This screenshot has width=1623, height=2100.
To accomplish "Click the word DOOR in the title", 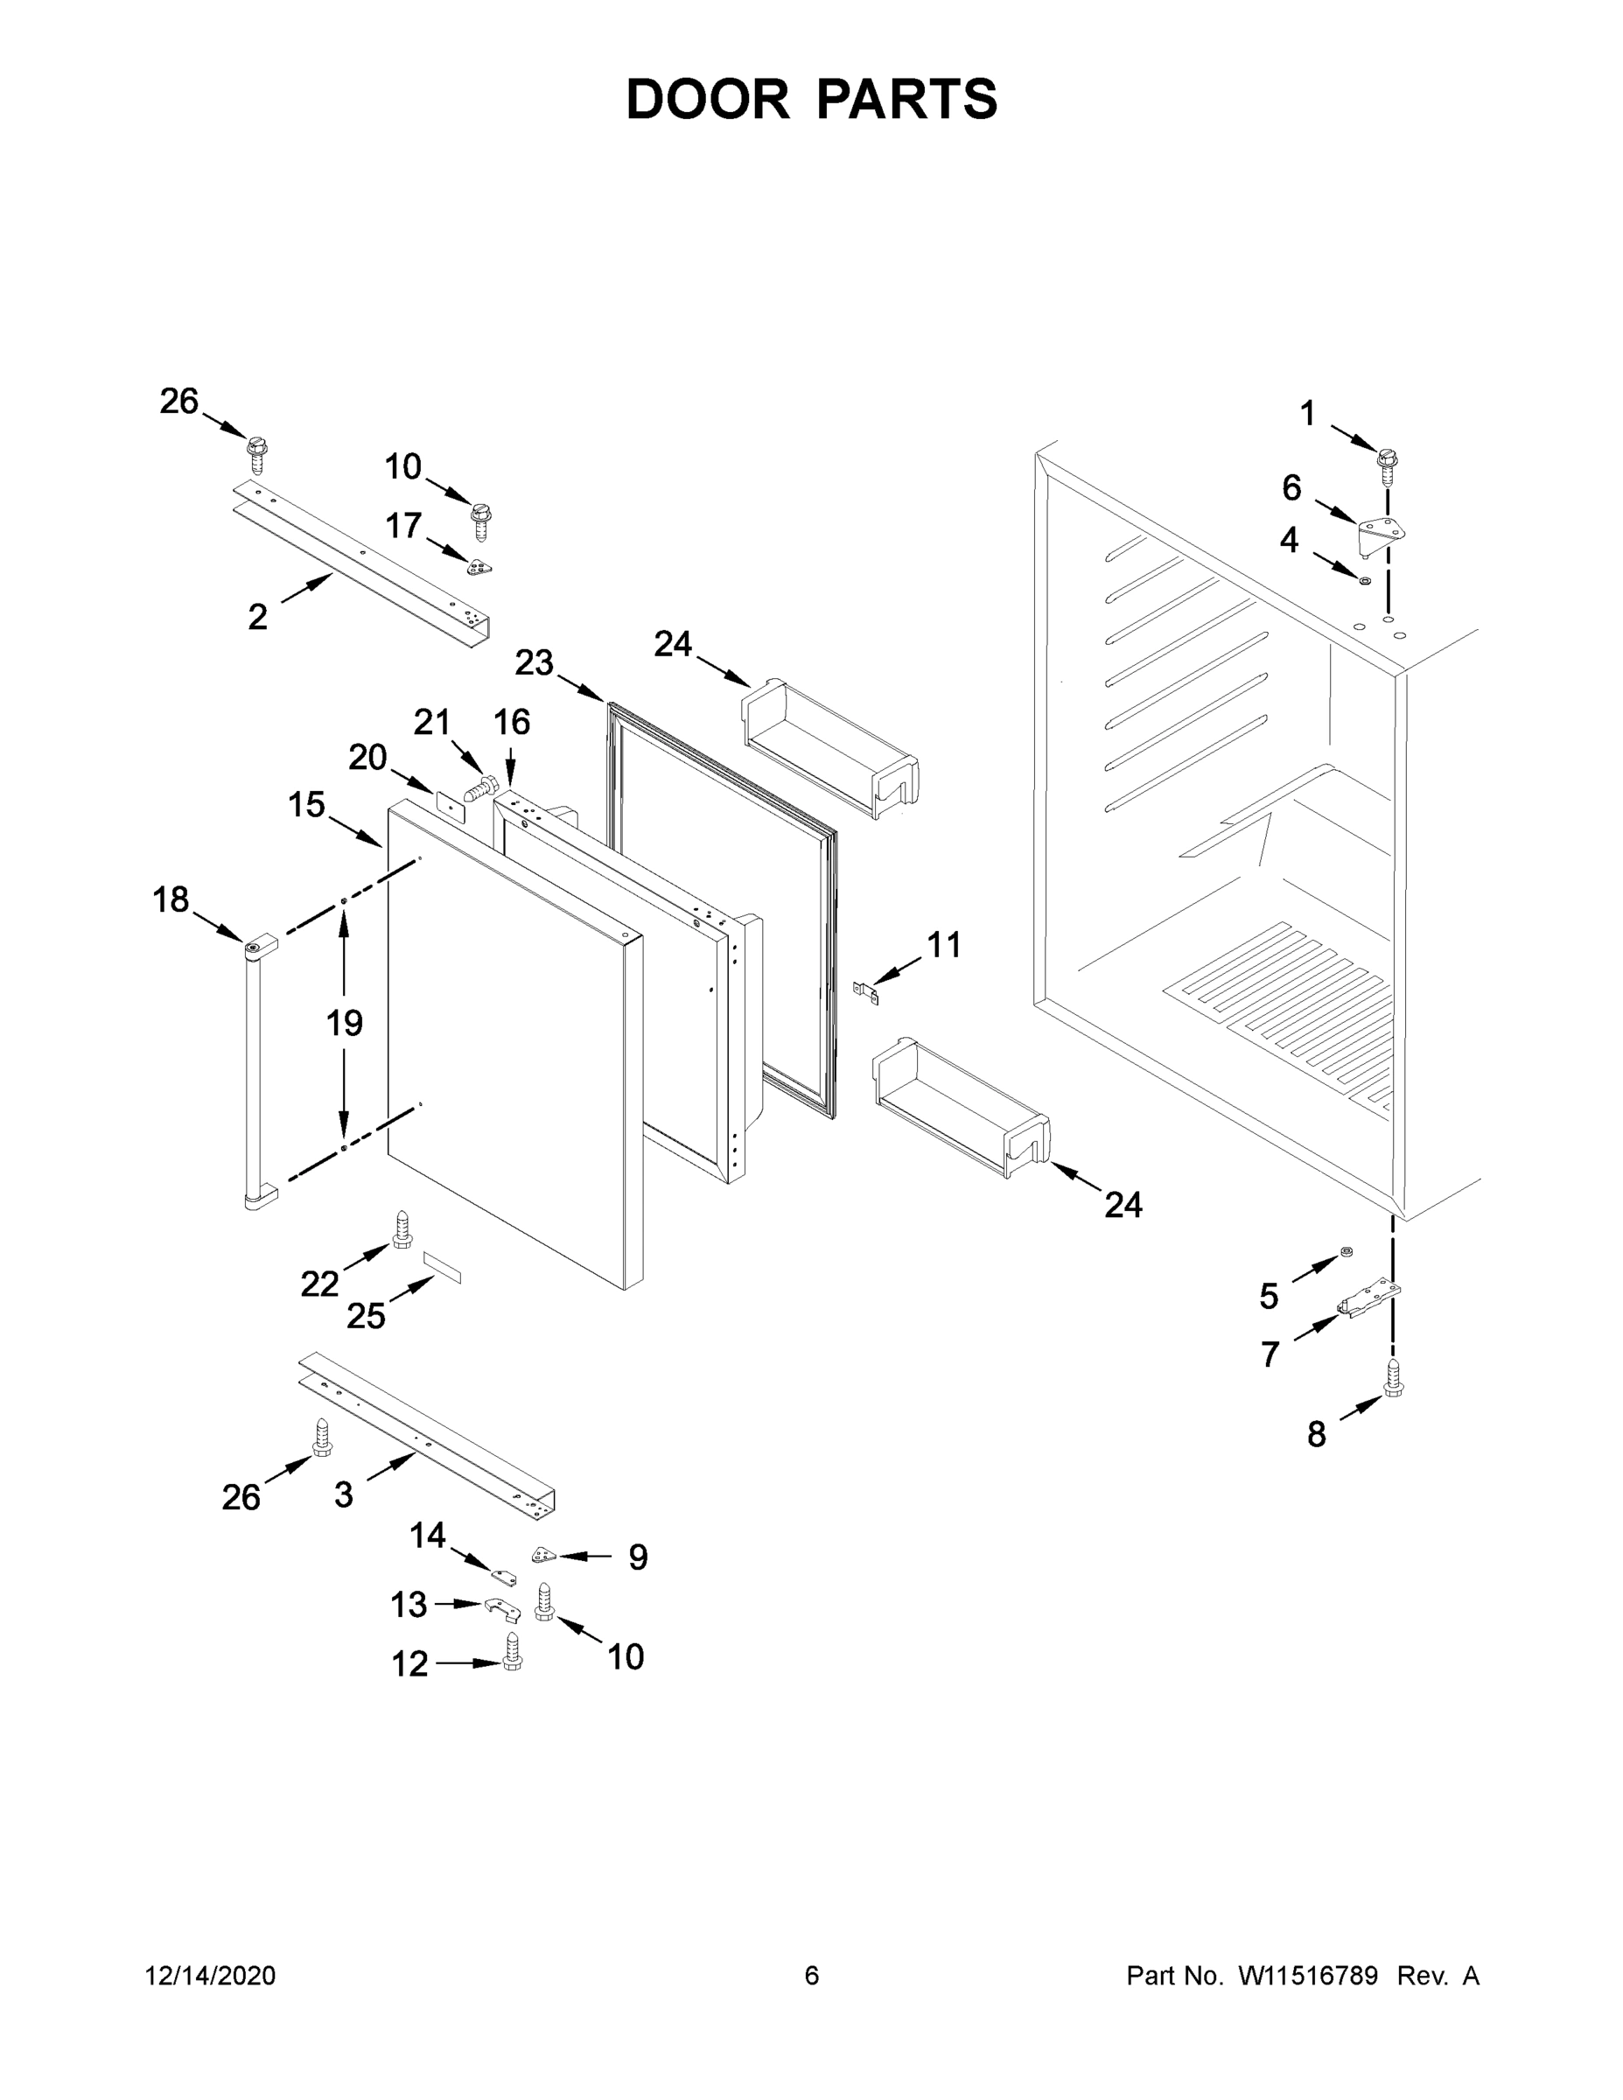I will [707, 99].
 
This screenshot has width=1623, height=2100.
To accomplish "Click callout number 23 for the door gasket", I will [534, 662].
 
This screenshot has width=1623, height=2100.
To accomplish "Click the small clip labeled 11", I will [867, 990].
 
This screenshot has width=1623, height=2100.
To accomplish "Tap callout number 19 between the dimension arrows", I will [344, 1022].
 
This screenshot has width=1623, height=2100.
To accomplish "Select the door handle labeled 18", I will [253, 1067].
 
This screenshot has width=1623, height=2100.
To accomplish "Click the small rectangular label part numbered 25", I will [443, 1267].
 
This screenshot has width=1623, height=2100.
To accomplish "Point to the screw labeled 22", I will [401, 1229].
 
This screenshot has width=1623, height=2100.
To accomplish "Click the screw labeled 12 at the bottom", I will [513, 1650].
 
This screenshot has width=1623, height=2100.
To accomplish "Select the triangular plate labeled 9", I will [544, 1555].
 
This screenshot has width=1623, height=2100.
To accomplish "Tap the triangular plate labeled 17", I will [479, 567].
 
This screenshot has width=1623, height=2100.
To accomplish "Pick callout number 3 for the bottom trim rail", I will [343, 1494].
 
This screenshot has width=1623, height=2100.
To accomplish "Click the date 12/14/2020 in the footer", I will [210, 1975].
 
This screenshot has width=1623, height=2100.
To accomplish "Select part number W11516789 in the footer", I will [1308, 1975].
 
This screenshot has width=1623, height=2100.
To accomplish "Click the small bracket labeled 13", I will [500, 1606].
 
